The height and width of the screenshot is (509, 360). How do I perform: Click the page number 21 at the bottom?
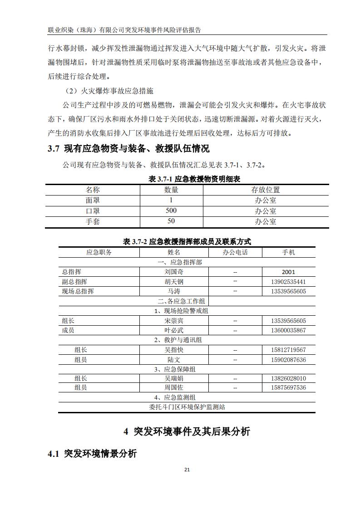pos(187,470)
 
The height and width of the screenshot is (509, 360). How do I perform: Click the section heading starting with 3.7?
pos(128,148)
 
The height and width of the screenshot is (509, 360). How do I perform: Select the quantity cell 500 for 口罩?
pos(171,211)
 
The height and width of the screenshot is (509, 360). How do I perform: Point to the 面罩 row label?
pos(93,200)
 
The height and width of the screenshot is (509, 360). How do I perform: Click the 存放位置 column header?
pos(266,190)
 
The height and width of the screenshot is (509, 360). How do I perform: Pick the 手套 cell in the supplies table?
pos(93,222)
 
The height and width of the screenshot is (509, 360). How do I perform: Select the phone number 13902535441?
pos(288,282)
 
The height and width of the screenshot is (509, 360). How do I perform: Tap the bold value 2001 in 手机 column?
pos(288,272)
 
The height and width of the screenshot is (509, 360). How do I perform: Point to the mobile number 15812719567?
pos(288,350)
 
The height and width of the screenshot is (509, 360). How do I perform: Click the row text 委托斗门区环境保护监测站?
pos(187,407)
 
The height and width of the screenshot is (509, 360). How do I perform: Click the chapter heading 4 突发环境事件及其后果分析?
pos(187,431)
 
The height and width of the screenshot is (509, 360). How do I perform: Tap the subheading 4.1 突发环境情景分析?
pos(92,454)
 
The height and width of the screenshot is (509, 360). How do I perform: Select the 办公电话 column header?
pos(235,252)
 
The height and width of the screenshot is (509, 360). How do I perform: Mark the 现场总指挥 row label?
pos(78,291)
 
